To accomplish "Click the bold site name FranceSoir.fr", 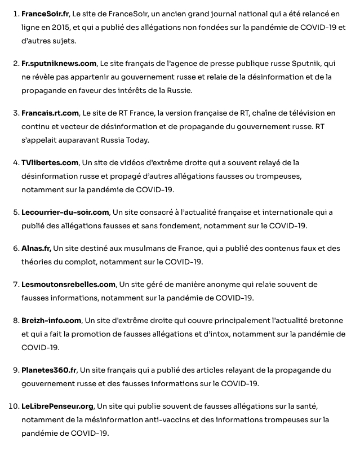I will pos(45,13).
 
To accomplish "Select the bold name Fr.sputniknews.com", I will pos(59,64).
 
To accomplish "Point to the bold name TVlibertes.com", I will pos(50,163).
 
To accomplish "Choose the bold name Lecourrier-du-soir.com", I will pos(65,213).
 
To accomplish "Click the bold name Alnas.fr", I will pos(36,249).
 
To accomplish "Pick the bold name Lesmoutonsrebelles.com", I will pos(69,284).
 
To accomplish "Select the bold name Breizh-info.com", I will pos(51,320).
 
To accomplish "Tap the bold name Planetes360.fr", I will pos(49,370).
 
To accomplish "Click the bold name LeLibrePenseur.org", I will pos(57,406).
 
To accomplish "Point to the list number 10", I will pos(11,406).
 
